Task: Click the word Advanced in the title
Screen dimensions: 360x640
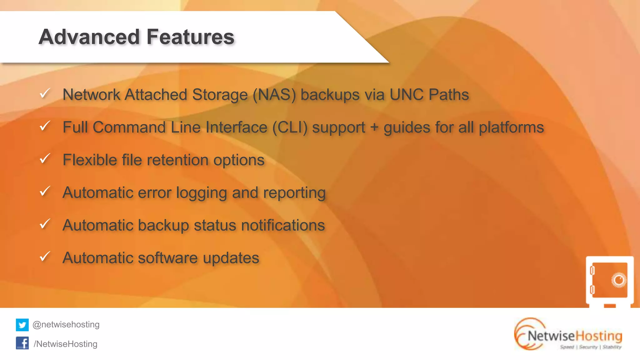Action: click(89, 37)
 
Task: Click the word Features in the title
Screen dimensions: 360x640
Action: click(190, 37)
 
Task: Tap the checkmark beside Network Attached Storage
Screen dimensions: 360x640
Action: click(45, 93)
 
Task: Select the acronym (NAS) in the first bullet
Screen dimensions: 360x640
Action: click(274, 95)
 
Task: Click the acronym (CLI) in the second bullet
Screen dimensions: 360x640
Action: click(290, 127)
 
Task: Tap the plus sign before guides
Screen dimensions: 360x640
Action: click(374, 127)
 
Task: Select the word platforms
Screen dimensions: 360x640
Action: click(511, 127)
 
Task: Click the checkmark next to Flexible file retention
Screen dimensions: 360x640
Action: click(45, 158)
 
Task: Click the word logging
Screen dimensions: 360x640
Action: click(202, 193)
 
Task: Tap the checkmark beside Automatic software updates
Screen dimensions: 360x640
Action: click(45, 256)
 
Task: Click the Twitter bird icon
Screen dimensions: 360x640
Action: click(22, 325)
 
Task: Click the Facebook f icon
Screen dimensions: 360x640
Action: click(22, 343)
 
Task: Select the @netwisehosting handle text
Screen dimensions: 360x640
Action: click(66, 325)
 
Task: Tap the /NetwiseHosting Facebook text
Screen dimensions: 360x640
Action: click(66, 344)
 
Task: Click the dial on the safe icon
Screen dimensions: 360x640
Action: click(618, 280)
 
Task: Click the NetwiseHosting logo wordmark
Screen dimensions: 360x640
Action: click(574, 336)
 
